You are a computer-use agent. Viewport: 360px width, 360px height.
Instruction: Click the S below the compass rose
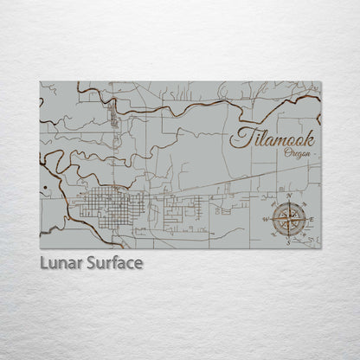pyautogui.click(x=288, y=243)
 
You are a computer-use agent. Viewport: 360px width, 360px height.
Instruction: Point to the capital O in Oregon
pyautogui.click(x=286, y=152)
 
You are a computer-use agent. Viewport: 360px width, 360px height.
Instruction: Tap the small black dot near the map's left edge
pyautogui.click(x=42, y=188)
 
